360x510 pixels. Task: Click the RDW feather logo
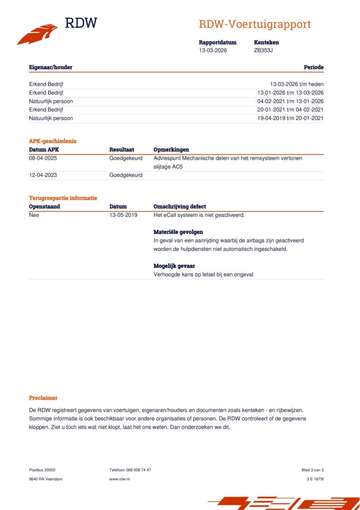click(37, 34)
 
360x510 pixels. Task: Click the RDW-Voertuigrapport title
click(254, 24)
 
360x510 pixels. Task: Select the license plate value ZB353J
click(263, 50)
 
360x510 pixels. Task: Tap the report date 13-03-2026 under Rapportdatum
click(213, 50)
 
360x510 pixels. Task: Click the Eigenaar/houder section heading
click(51, 67)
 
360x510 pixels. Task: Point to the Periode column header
click(313, 67)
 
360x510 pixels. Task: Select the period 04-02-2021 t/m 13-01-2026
click(290, 101)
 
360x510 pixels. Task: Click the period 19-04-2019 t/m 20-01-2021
click(290, 118)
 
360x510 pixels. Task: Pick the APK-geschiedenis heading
click(53, 141)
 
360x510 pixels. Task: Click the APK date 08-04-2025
click(43, 158)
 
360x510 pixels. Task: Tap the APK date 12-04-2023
click(43, 175)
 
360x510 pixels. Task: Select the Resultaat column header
click(121, 150)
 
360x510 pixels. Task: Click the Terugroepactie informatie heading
click(63, 198)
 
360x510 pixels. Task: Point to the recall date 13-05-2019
click(123, 215)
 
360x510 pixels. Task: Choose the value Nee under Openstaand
click(34, 215)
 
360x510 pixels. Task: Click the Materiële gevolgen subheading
click(178, 232)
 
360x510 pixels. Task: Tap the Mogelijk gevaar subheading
click(174, 266)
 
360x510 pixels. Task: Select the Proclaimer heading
click(43, 398)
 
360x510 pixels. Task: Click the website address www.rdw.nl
click(119, 479)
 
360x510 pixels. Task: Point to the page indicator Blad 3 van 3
click(313, 470)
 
